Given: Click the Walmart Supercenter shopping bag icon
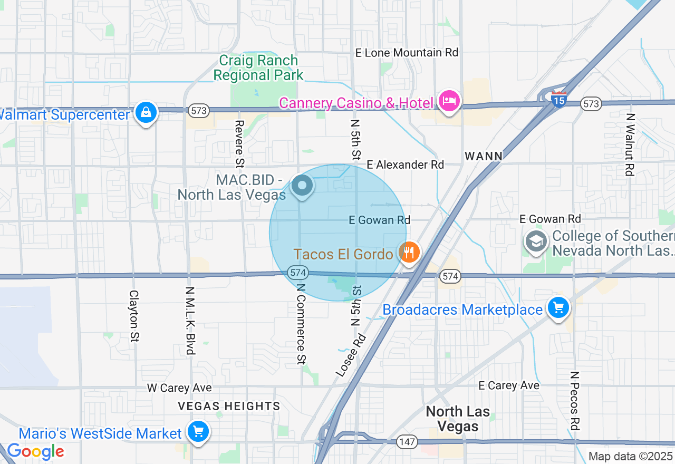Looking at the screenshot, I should point(146,112).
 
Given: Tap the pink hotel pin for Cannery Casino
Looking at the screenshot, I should point(448,101).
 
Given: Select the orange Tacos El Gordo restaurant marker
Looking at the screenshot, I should point(409,253).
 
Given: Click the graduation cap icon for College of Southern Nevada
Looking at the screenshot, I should point(536,242).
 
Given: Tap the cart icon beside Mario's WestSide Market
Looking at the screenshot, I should point(198,432).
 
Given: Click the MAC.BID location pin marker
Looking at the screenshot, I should point(302,186).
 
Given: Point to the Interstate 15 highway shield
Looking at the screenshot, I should point(558,99).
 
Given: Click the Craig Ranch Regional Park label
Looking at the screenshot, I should point(258,68).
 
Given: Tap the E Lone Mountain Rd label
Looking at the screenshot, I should point(407,53).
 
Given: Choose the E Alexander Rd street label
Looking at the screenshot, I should point(406,165).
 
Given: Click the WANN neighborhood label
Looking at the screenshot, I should point(484,156).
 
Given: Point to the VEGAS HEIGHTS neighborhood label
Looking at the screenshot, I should point(229,406).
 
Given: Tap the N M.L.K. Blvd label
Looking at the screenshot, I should point(190,321).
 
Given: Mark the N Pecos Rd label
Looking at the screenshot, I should point(575,401).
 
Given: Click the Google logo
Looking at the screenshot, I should point(35,451).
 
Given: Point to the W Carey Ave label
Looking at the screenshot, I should point(179,388).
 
